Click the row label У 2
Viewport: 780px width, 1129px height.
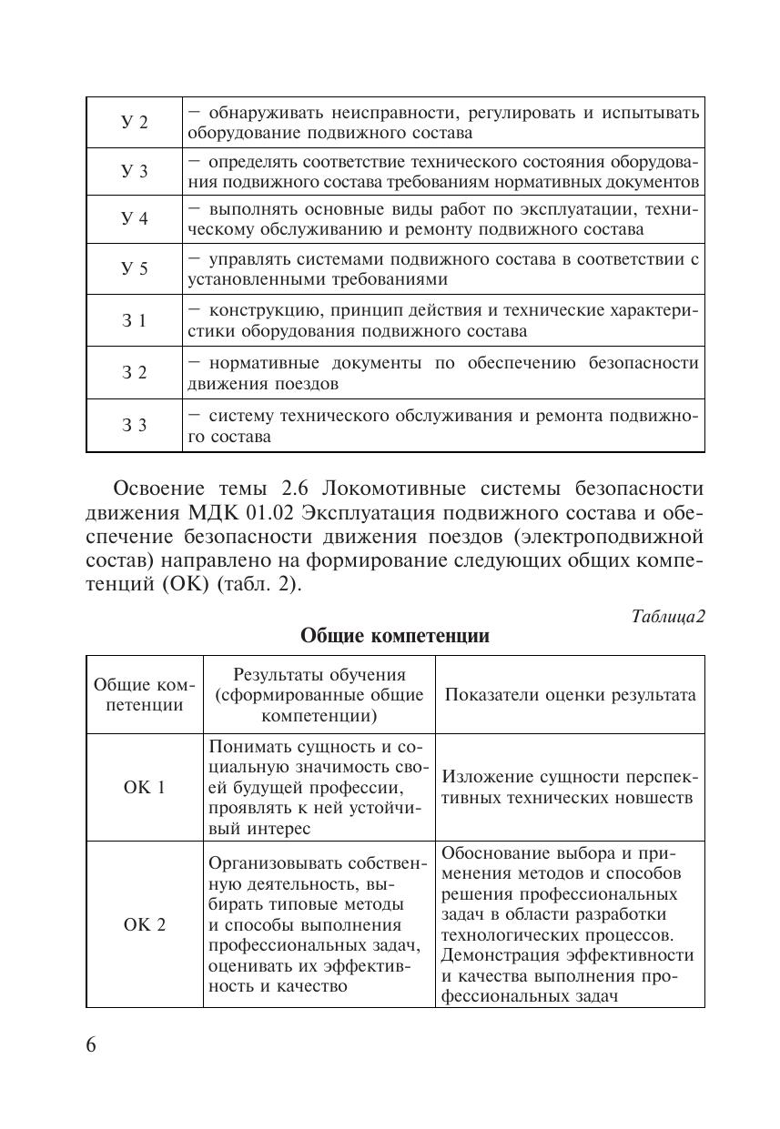(135, 123)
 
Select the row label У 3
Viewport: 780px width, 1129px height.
(135, 171)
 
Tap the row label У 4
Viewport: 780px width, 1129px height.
(135, 219)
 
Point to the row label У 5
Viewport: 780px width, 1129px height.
(135, 268)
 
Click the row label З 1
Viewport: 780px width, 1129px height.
(135, 320)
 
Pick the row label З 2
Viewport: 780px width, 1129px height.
(135, 372)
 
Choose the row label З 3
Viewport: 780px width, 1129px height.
(135, 425)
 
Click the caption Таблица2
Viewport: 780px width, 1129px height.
(668, 616)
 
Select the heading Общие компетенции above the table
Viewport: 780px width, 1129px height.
(395, 637)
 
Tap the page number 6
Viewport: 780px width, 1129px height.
(91, 1043)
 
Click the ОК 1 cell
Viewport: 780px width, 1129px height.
(145, 788)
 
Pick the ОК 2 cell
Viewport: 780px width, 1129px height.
(145, 924)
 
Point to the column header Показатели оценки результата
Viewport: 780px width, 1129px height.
(570, 695)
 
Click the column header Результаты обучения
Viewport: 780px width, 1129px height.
(319, 675)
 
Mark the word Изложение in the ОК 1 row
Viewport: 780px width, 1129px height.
(487, 777)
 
